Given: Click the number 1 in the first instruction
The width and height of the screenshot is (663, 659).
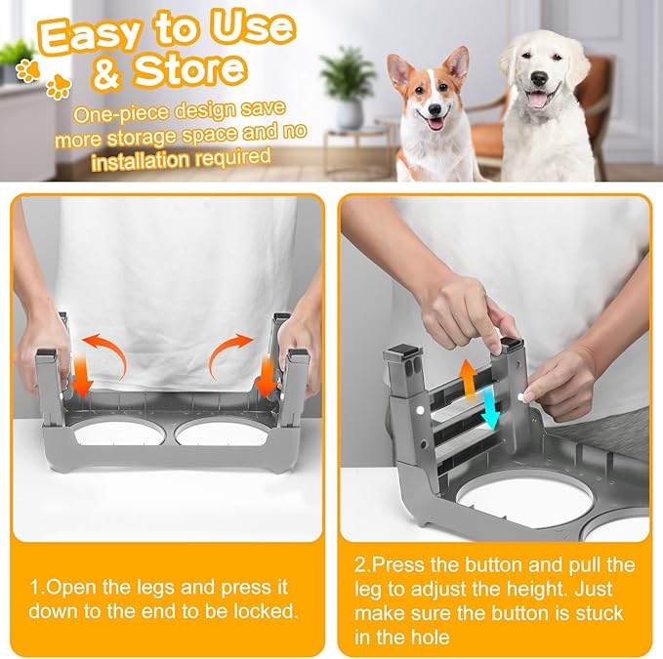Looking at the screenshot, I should pos(34,587).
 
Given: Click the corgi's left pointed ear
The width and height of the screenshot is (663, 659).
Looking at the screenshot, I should pos(398,68).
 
